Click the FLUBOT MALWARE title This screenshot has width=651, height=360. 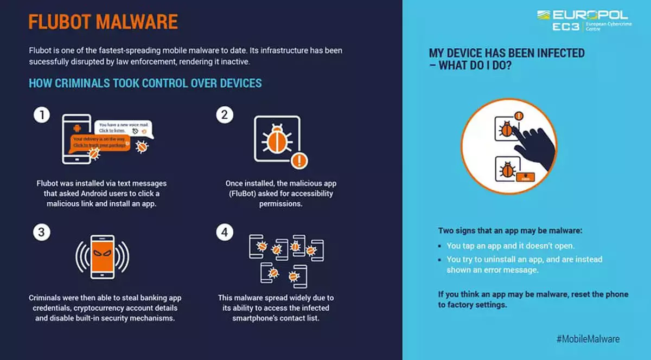pyautogui.click(x=103, y=22)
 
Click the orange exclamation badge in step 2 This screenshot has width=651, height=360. pyautogui.click(x=299, y=160)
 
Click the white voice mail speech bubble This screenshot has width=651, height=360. pyautogui.click(x=124, y=128)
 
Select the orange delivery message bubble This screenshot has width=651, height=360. pyautogui.click(x=100, y=142)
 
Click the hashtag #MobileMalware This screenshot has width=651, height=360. pyautogui.click(x=588, y=339)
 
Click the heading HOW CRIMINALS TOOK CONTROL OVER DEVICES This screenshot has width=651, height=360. pyautogui.click(x=145, y=83)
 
